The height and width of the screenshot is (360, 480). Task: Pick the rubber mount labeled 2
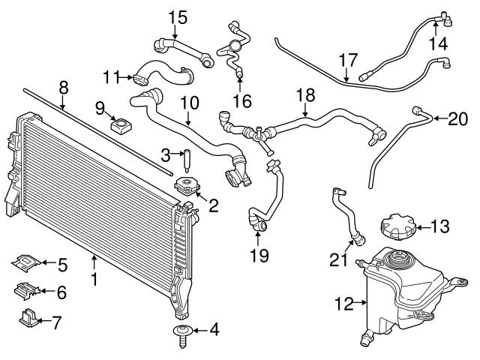pos(187,187)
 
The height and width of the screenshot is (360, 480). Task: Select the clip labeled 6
pos(27,289)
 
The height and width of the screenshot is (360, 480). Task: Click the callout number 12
pos(343,304)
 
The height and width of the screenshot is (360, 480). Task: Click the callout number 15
pos(176,16)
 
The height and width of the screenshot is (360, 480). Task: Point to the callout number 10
pos(188,100)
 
